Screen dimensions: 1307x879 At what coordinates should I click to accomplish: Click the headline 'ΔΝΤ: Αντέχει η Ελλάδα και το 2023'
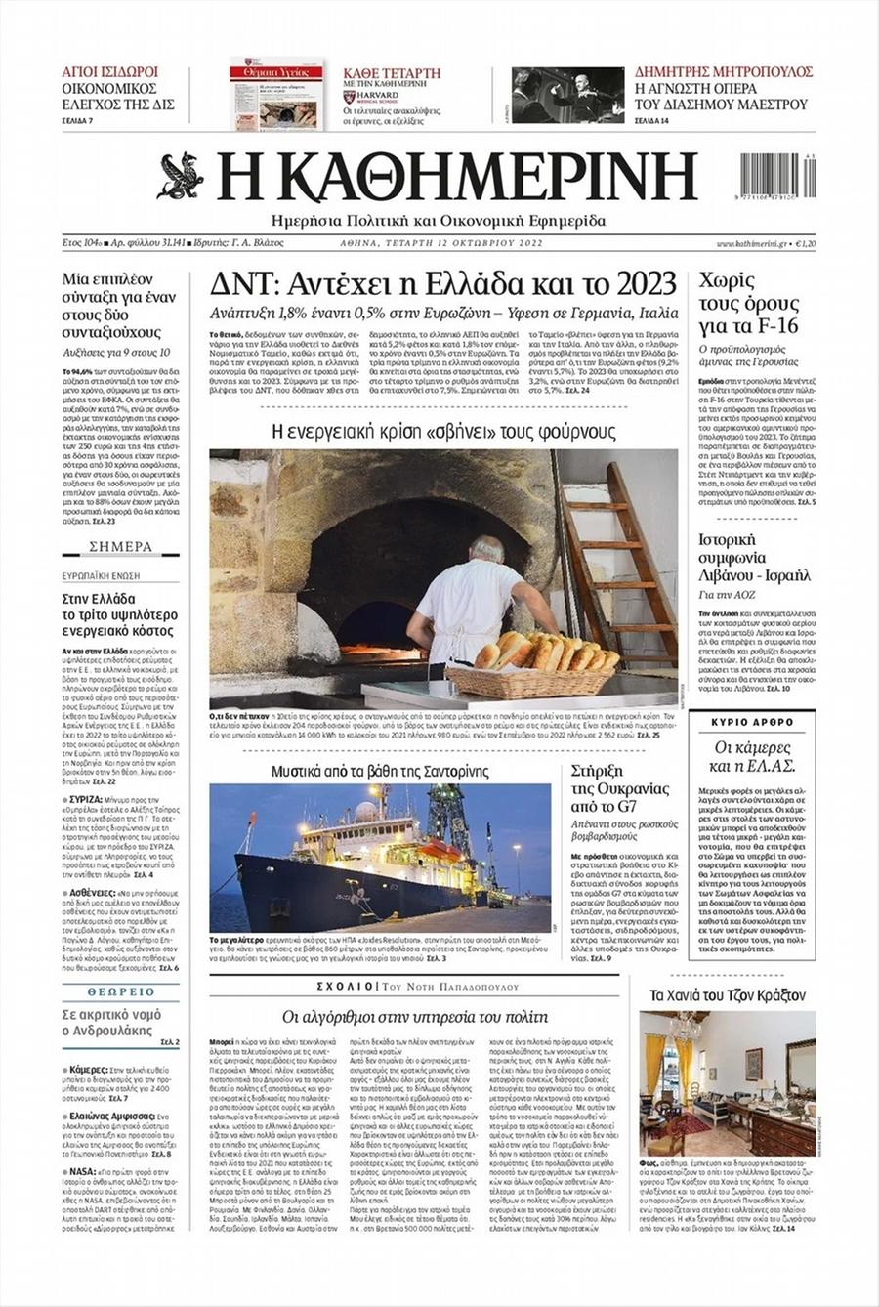(443, 284)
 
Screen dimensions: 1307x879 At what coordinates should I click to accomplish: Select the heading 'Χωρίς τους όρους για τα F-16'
(748, 304)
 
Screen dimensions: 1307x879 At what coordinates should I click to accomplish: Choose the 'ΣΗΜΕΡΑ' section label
(121, 547)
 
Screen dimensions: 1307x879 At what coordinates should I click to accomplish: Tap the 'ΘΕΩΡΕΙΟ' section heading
(121, 991)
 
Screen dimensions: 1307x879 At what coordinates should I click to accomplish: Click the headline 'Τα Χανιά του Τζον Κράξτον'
(728, 995)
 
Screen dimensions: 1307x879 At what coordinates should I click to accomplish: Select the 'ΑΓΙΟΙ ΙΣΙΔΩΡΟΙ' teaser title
(110, 72)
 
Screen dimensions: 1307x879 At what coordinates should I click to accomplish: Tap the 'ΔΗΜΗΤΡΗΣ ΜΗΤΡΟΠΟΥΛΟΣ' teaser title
(724, 72)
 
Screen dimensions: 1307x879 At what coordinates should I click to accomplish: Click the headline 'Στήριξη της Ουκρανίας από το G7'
(620, 788)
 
